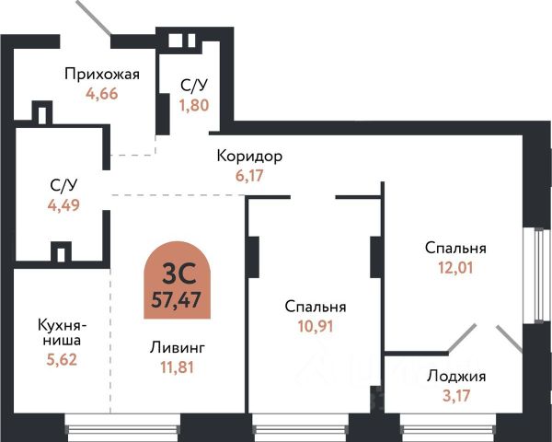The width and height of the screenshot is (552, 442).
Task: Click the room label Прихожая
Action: coord(101,75)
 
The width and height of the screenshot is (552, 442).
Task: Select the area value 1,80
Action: coord(193,104)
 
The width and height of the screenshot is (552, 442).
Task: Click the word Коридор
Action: coord(249,156)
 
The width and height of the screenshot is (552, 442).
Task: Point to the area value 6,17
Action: coord(249,174)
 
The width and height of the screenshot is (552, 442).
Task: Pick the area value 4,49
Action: coord(63,204)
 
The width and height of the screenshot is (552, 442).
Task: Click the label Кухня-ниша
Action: coord(63,332)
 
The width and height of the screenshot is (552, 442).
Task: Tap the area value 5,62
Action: coord(63,361)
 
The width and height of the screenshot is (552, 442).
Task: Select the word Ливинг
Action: coord(178,348)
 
